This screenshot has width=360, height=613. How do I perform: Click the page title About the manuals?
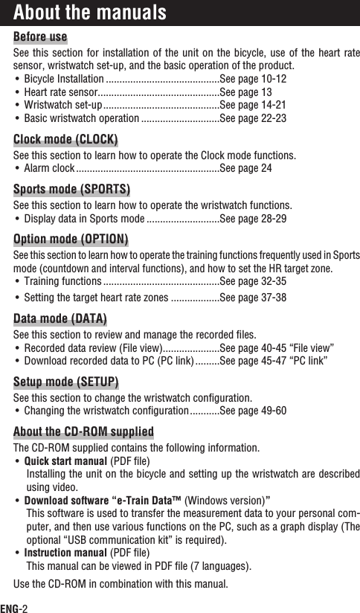click(89, 13)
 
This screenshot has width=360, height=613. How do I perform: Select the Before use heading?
click(40, 37)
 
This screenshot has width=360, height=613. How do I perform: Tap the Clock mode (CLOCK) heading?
click(66, 140)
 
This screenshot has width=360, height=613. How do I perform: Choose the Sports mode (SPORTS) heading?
click(71, 187)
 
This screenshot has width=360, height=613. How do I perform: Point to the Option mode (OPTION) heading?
click(71, 239)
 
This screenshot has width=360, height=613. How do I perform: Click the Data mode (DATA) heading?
click(60, 319)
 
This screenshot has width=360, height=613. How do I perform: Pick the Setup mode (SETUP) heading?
click(66, 382)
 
